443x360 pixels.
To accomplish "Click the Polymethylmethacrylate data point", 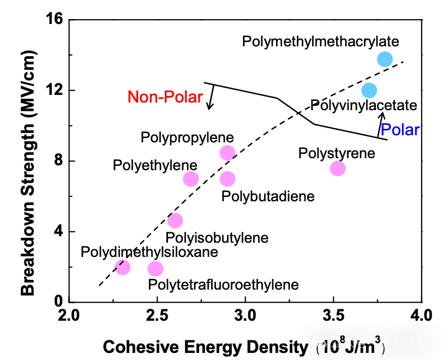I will click(385, 59).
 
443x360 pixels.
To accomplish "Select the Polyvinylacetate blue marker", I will click(369, 90).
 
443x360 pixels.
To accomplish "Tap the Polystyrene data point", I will click(338, 169).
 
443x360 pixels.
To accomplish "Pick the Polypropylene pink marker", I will click(228, 153).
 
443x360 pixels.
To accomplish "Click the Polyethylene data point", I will click(190, 178).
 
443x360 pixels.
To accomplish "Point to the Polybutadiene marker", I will click(228, 178).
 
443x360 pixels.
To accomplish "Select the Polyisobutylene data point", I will click(175, 220).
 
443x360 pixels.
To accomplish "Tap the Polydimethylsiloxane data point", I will click(123, 267).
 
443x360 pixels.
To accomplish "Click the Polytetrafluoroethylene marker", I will click(155, 268).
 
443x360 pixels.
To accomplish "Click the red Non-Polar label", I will click(165, 97).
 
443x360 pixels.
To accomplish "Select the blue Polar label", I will click(400, 130).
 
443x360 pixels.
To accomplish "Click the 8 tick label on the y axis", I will click(59, 161).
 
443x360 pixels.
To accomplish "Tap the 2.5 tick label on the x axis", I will click(157, 316).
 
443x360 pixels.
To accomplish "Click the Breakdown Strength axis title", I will click(28, 172).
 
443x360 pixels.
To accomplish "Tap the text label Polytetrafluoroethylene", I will click(224, 284).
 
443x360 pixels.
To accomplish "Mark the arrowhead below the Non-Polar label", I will click(209, 107).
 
